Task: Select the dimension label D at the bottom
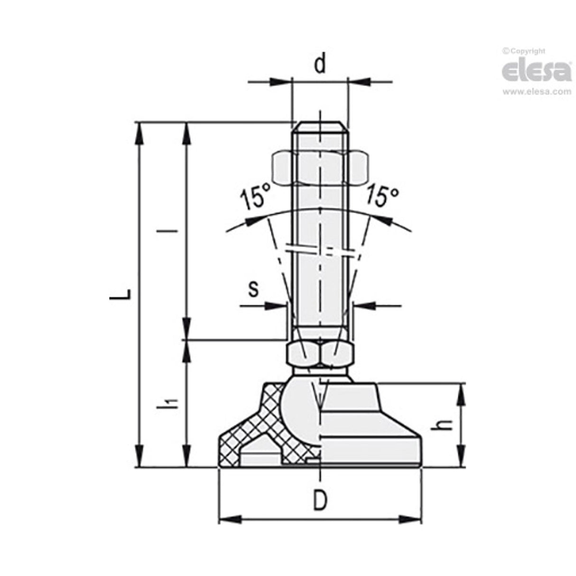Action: point(321,500)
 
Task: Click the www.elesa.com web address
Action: point(537,92)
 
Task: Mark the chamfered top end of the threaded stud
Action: point(320,127)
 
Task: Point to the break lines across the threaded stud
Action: point(320,250)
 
